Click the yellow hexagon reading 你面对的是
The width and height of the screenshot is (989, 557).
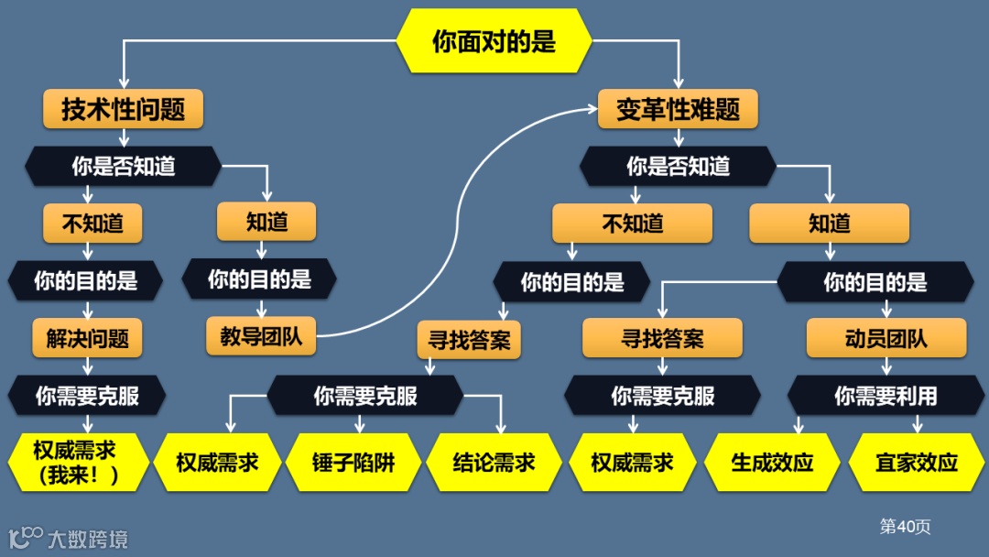[x=494, y=41]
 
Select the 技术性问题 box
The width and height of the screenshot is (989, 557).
[x=123, y=110]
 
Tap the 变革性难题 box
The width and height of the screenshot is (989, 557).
[x=677, y=110]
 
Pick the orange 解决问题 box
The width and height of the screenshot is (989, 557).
[x=88, y=338]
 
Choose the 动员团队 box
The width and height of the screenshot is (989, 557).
[x=886, y=338]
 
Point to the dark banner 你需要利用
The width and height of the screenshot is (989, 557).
[x=886, y=396]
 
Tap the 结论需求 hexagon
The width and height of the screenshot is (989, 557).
[x=494, y=463]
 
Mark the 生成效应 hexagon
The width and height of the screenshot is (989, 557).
[x=772, y=463]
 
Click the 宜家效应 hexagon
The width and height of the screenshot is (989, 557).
[x=916, y=463]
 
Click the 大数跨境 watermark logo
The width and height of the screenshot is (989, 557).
[x=69, y=538]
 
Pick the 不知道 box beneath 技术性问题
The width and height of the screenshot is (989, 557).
[x=92, y=223]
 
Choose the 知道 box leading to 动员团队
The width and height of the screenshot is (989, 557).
[x=829, y=223]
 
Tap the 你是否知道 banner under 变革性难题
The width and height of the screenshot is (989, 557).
[x=678, y=166]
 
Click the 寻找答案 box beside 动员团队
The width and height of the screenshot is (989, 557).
[x=662, y=338]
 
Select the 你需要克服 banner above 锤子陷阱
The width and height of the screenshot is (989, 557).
[x=365, y=396]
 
